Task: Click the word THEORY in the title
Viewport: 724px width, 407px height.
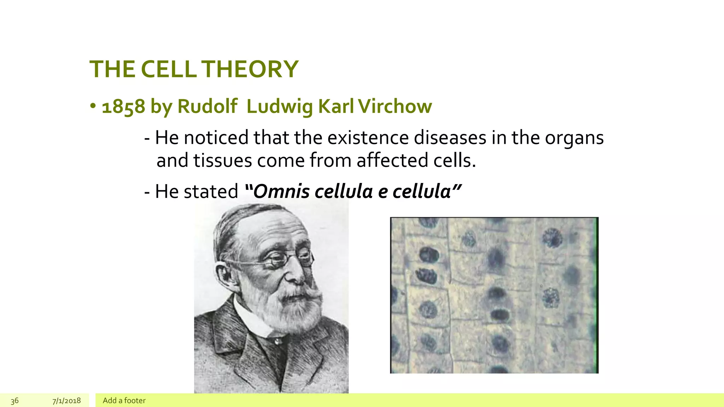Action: point(250,69)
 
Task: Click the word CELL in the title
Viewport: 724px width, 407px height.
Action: point(168,69)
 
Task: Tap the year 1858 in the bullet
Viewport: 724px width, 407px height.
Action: point(123,107)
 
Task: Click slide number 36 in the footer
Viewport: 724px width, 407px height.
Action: point(14,401)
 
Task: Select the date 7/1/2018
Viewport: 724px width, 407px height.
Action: point(66,401)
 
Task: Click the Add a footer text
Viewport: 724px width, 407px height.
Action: point(124,401)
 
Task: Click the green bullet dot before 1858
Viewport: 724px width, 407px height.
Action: point(93,106)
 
